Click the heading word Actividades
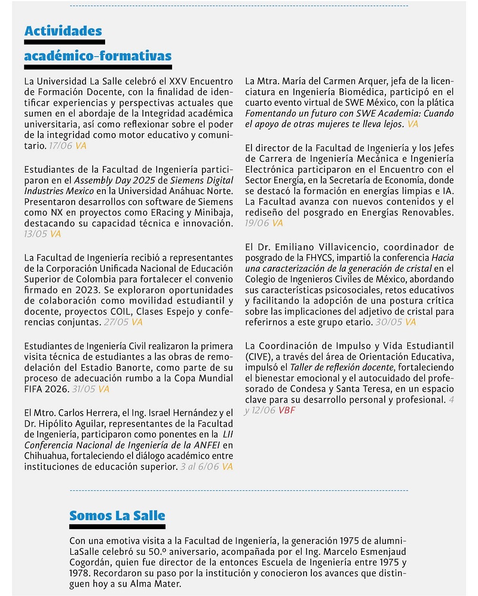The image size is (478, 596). point(63,31)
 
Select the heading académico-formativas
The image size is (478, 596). point(97,56)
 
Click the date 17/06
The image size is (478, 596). point(61,145)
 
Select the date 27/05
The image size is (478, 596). point(117,322)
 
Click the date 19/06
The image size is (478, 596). point(257,223)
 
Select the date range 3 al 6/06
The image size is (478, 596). point(200,466)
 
